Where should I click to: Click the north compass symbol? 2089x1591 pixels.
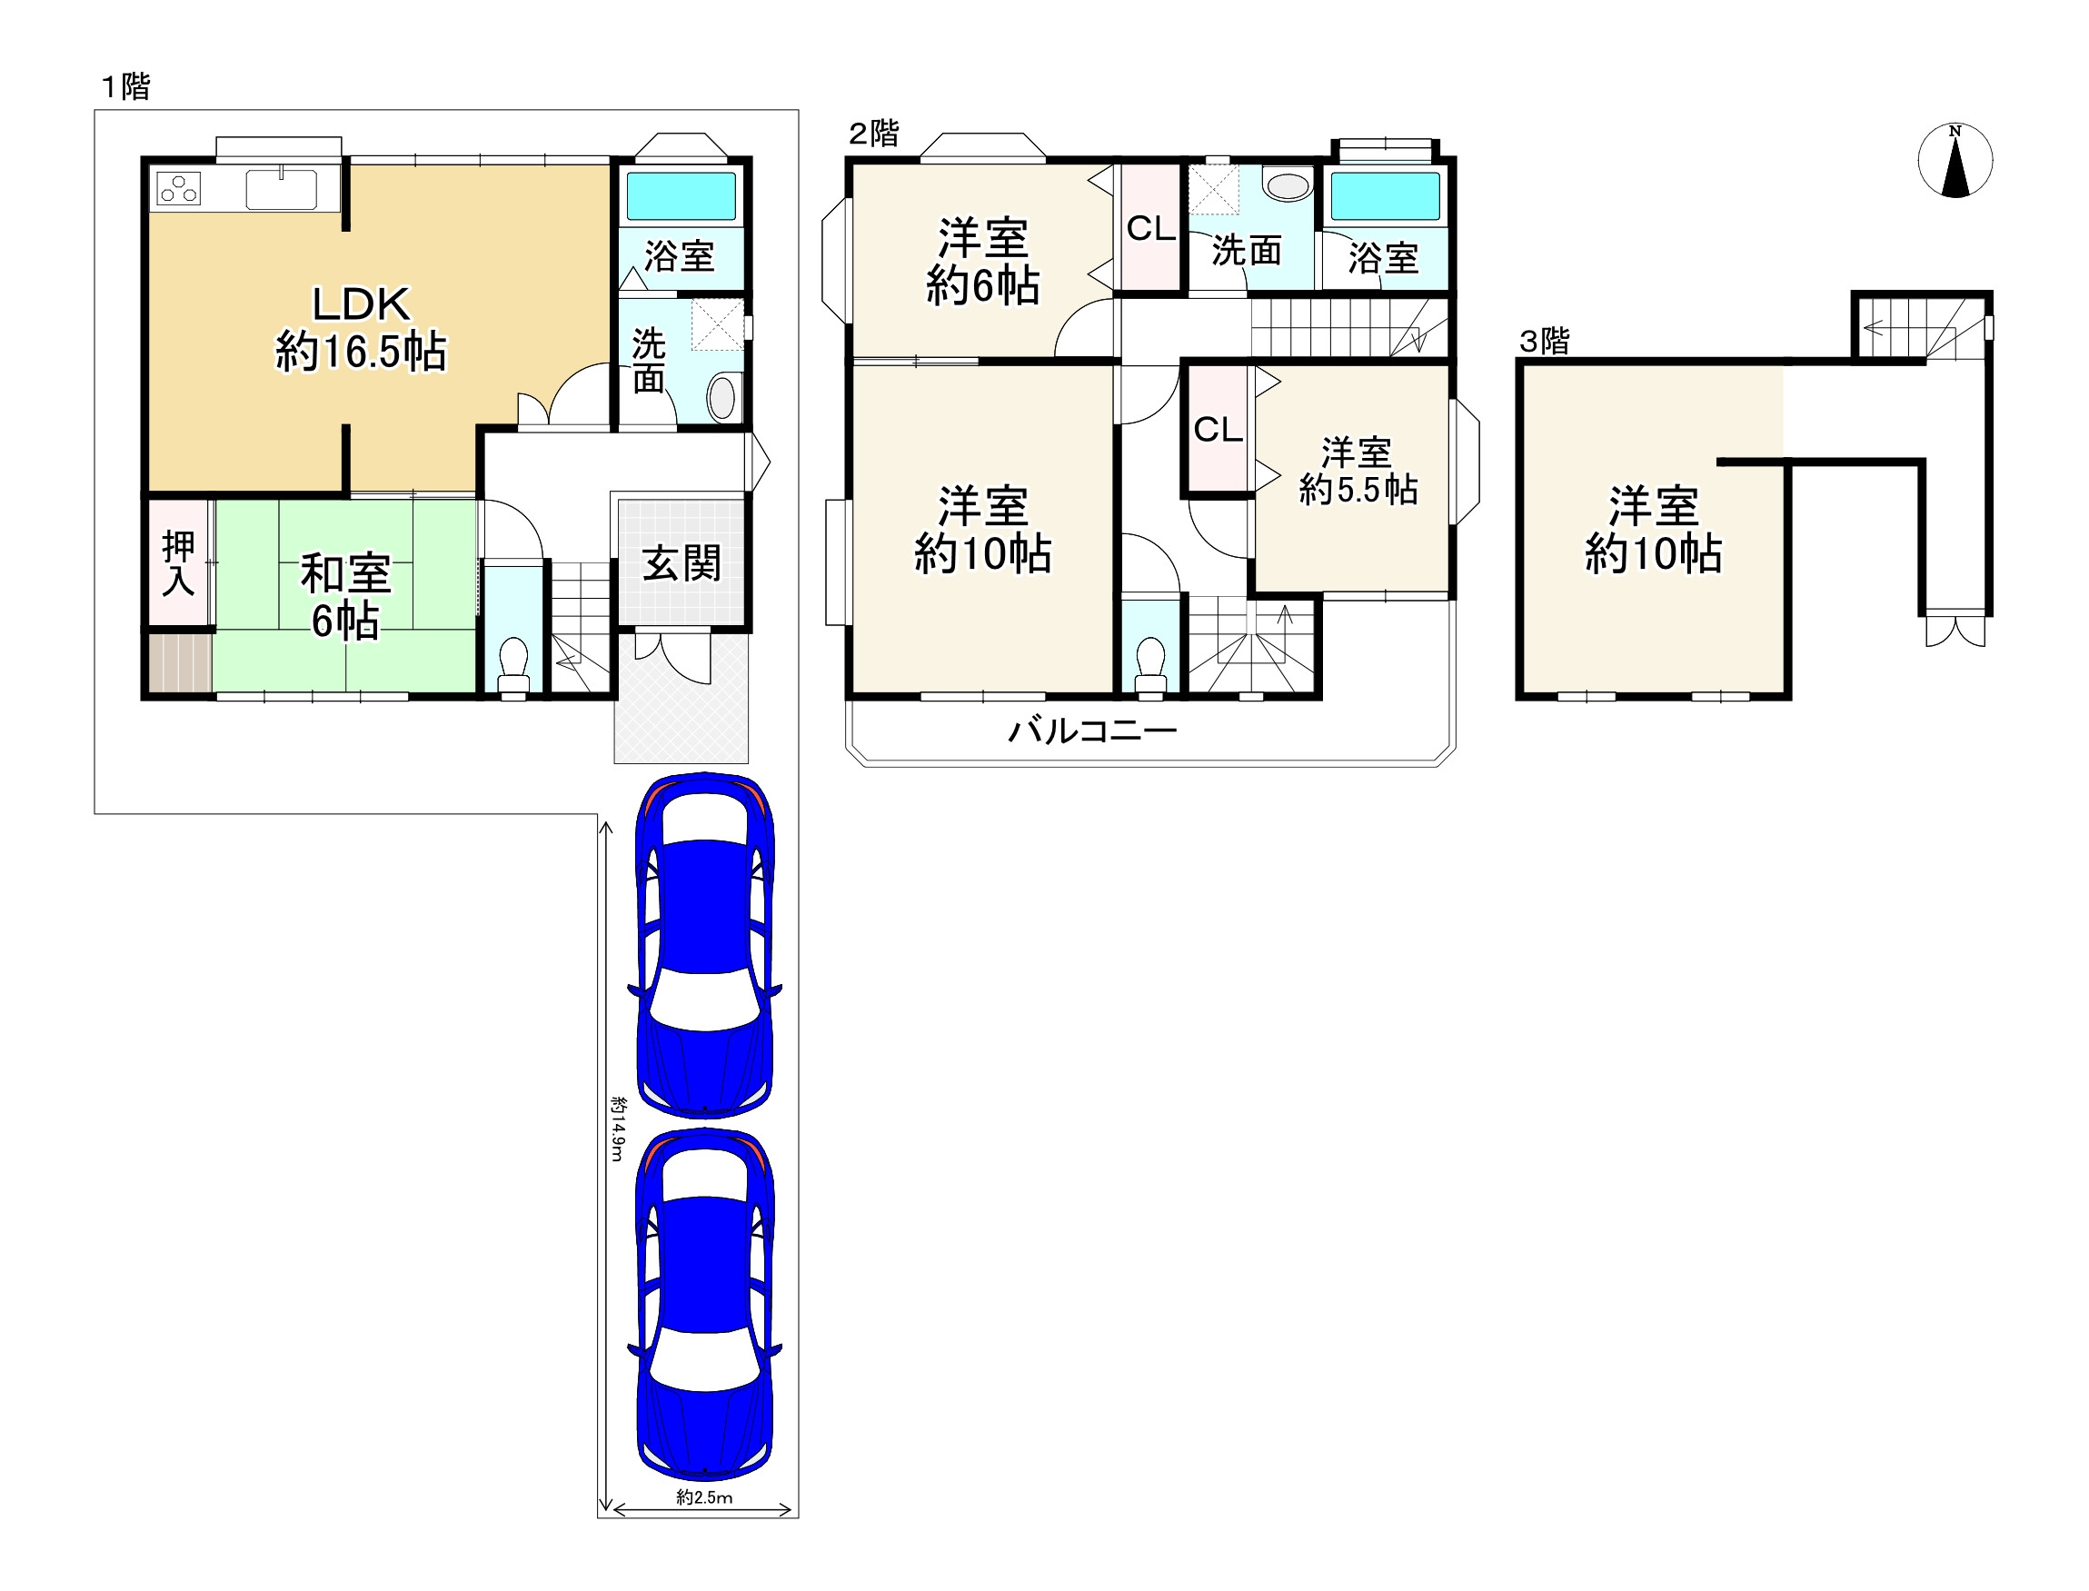[x=1955, y=160]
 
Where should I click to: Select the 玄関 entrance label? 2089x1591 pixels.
[x=681, y=563]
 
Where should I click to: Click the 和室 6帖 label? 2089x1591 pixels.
[x=344, y=597]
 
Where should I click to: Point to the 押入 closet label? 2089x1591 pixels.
[x=178, y=563]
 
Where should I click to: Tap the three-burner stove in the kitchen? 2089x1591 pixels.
[x=178, y=187]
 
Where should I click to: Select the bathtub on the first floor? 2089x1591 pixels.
[x=681, y=195]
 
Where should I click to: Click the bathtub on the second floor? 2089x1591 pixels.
[x=1386, y=196]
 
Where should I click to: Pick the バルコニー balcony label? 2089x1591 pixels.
[x=1092, y=731]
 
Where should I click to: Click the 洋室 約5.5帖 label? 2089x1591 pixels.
[x=1358, y=471]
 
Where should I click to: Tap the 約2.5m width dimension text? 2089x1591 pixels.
[x=703, y=1497]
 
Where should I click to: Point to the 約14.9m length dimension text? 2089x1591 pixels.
[x=617, y=1128]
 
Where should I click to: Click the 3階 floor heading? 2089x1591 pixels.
[x=1545, y=341]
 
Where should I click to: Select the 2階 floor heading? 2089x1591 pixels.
[x=873, y=134]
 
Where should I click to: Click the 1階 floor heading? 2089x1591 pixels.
[x=126, y=87]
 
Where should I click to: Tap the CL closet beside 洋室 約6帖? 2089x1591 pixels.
[x=1150, y=228]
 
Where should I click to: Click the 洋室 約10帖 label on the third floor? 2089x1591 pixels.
[x=1654, y=530]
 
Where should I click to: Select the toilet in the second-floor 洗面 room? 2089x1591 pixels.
[x=1286, y=185]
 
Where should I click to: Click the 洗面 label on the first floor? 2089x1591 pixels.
[x=649, y=360]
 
